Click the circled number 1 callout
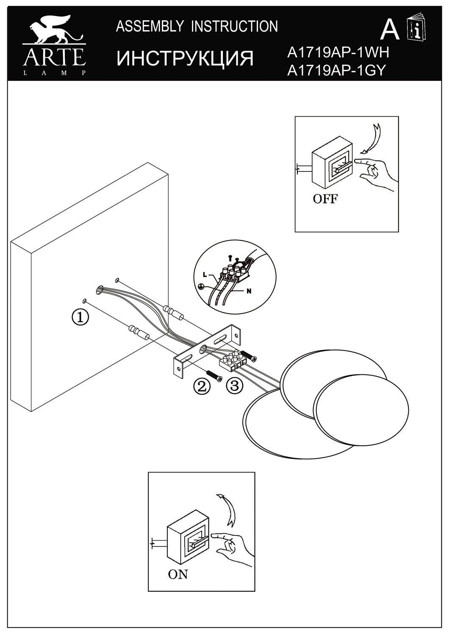click(x=81, y=317)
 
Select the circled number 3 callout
click(x=234, y=385)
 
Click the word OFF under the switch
click(x=325, y=199)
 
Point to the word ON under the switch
click(x=178, y=574)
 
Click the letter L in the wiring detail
click(x=205, y=274)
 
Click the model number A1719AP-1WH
click(x=337, y=52)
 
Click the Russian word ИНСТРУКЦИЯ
click(x=185, y=58)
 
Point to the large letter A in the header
click(x=390, y=29)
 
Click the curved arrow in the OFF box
click(x=370, y=138)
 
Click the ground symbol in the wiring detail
click(x=202, y=286)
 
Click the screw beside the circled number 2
click(x=215, y=375)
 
